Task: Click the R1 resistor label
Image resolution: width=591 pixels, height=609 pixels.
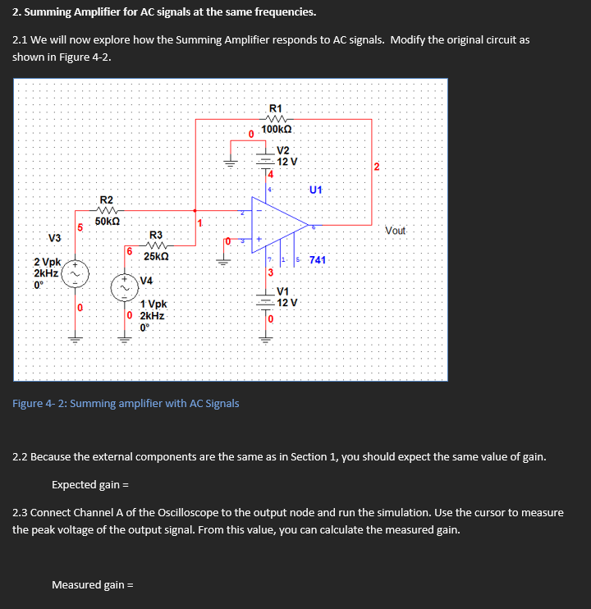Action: pyautogui.click(x=276, y=108)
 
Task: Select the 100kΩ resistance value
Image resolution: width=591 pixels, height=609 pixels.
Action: pyautogui.click(x=277, y=130)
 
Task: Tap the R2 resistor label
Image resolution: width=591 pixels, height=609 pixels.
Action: pyautogui.click(x=107, y=200)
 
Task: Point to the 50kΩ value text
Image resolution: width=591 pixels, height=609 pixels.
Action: pyautogui.click(x=108, y=221)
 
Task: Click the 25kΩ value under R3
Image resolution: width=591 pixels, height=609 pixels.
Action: pyautogui.click(x=156, y=257)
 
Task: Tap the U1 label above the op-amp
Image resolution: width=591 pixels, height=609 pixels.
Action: pyautogui.click(x=316, y=190)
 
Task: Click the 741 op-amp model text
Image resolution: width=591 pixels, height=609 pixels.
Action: pyautogui.click(x=318, y=260)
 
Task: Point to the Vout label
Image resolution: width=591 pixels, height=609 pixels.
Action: pyautogui.click(x=395, y=230)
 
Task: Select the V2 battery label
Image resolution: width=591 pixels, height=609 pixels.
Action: pyautogui.click(x=283, y=150)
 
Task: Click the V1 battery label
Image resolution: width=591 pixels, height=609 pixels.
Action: pyautogui.click(x=283, y=291)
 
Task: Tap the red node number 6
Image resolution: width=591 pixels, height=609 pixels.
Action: pyautogui.click(x=129, y=250)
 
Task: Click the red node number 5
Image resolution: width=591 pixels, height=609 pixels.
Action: pyautogui.click(x=80, y=227)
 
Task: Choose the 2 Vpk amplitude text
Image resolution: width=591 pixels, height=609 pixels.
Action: pyautogui.click(x=48, y=262)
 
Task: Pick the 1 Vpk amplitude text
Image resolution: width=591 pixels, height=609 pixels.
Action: pyautogui.click(x=153, y=304)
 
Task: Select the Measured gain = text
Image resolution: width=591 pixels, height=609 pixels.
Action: pyautogui.click(x=92, y=584)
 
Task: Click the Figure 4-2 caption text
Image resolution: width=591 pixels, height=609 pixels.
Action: pyautogui.click(x=126, y=403)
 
